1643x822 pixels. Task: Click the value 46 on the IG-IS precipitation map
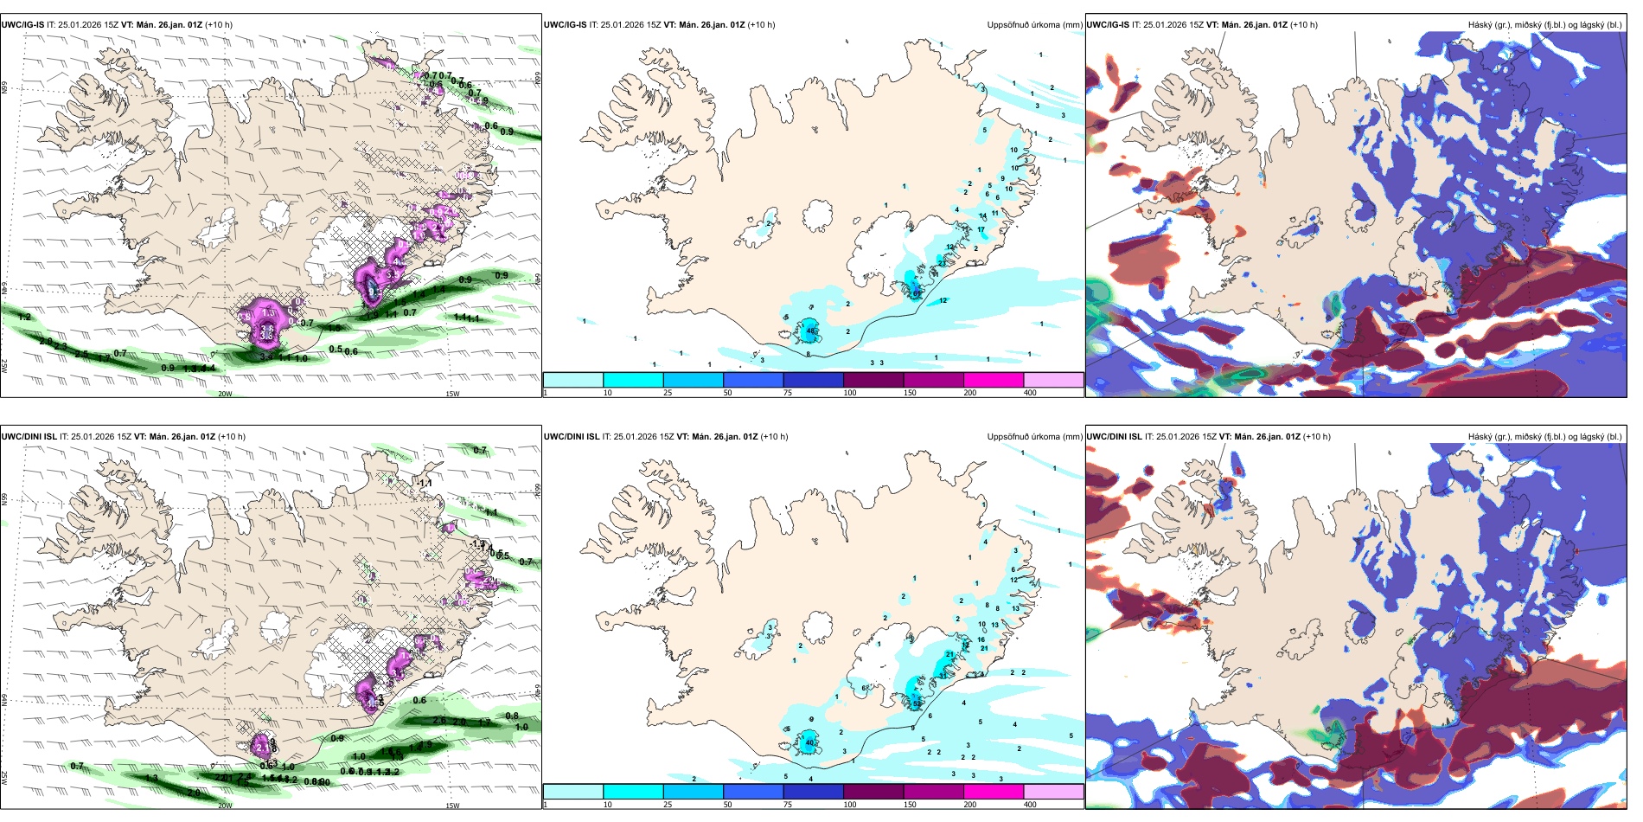point(810,331)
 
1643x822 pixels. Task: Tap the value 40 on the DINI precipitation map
point(810,742)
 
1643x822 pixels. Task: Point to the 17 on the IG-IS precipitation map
point(981,230)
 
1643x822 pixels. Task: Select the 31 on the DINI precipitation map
point(943,675)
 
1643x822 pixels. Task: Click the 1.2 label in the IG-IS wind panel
point(24,318)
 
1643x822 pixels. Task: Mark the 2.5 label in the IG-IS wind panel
point(80,354)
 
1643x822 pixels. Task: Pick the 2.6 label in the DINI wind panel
point(439,720)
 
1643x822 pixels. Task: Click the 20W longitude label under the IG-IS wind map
point(225,394)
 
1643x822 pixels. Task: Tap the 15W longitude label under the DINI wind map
point(451,806)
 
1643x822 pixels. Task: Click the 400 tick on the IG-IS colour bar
point(1030,393)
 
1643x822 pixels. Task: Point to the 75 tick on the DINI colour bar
point(788,805)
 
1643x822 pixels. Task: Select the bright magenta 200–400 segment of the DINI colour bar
point(994,792)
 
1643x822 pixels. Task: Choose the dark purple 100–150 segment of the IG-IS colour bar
point(873,380)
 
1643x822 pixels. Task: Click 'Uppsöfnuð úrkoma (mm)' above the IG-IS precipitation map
point(1034,25)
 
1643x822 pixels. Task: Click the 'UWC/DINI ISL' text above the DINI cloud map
point(1115,437)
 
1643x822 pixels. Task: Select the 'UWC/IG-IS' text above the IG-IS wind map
point(22,25)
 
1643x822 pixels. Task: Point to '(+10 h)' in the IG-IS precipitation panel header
point(761,25)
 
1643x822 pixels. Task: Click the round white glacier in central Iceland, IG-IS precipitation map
point(817,216)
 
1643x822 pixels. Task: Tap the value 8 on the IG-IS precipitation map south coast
point(809,355)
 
